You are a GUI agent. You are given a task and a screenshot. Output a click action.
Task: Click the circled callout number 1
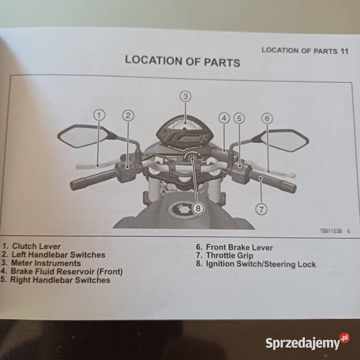tap(99, 115)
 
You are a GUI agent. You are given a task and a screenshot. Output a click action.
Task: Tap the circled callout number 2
tap(128, 115)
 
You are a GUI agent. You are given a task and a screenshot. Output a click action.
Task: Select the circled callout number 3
tap(185, 95)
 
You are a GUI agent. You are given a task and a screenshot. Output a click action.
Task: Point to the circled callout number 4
tap(224, 118)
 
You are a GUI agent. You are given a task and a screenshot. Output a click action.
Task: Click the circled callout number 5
tap(239, 118)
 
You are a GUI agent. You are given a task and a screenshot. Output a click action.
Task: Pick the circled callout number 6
tap(267, 118)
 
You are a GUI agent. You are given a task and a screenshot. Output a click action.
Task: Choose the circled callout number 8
tap(198, 208)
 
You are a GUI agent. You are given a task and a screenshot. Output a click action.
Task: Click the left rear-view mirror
tap(83, 136)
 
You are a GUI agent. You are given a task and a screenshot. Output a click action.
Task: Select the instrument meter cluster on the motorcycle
tap(185, 131)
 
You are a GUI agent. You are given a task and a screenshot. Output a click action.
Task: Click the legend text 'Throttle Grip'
tap(229, 255)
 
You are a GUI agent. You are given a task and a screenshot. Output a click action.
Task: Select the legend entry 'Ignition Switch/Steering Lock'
tap(260, 264)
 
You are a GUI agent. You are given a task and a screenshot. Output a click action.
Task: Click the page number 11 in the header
tap(343, 51)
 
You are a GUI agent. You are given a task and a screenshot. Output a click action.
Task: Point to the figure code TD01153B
tap(330, 231)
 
